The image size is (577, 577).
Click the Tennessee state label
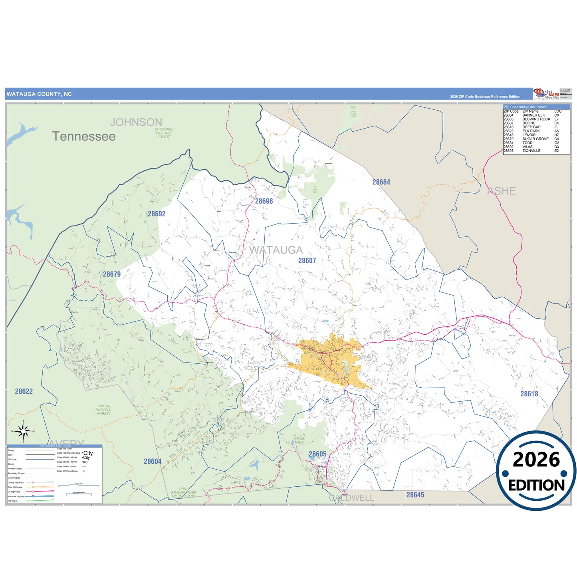[x=84, y=136]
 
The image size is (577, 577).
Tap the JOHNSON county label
[x=136, y=122]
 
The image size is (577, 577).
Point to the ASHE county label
[x=502, y=191]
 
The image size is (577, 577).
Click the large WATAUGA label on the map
[x=276, y=250]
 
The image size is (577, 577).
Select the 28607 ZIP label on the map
[x=307, y=261]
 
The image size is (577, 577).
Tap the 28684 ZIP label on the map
[x=381, y=182]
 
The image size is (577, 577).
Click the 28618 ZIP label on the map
[x=529, y=394]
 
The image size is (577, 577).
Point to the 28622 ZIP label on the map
[x=24, y=391]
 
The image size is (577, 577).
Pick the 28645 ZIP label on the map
[x=415, y=495]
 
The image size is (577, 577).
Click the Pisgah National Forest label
[x=104, y=410]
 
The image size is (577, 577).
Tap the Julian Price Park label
[x=299, y=438]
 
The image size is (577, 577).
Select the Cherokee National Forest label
[x=164, y=133]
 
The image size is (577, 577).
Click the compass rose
[x=23, y=431]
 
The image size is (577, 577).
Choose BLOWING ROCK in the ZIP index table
[x=536, y=119]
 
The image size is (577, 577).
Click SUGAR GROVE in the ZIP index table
[x=535, y=139]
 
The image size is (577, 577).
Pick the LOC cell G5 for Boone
[x=557, y=123]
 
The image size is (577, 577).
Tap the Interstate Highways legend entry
[x=16, y=496]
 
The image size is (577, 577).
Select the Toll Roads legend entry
[x=13, y=501]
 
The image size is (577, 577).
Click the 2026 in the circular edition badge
[x=536, y=460]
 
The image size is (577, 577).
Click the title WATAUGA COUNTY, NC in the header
[x=39, y=94]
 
